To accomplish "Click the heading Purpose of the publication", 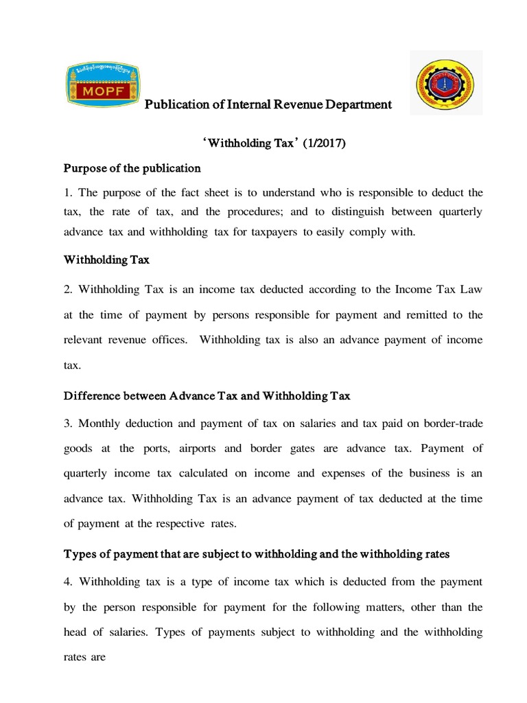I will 132,168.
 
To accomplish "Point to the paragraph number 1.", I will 67,192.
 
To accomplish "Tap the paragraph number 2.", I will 68,290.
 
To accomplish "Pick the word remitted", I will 405,315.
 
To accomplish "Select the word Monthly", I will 102,423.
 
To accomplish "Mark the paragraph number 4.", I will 68,581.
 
